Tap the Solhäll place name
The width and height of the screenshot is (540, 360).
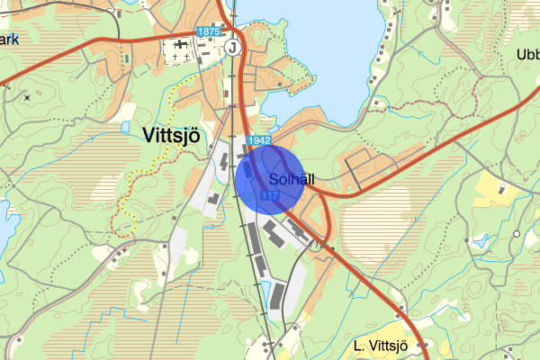[290, 179]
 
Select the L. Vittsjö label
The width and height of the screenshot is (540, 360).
[381, 346]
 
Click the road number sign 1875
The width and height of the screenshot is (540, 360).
[207, 31]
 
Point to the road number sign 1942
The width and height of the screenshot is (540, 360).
[258, 140]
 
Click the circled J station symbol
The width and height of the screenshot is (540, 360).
[234, 47]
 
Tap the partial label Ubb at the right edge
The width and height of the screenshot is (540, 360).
[527, 54]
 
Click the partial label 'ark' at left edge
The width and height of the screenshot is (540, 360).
[9, 39]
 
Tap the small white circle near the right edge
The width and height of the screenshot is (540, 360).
[517, 233]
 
